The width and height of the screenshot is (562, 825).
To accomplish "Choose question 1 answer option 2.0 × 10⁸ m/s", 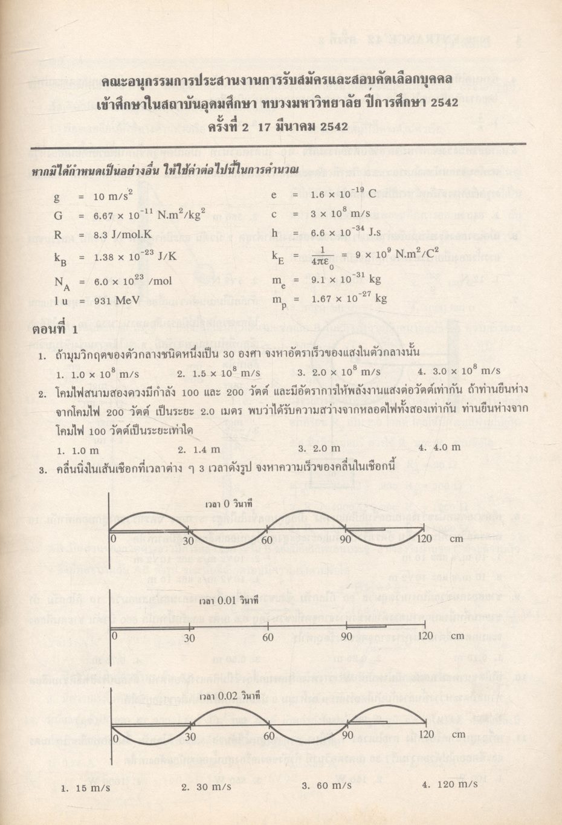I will pyautogui.click(x=344, y=372).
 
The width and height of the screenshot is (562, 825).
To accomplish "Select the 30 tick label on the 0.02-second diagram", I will pyautogui.click(x=189, y=737).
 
